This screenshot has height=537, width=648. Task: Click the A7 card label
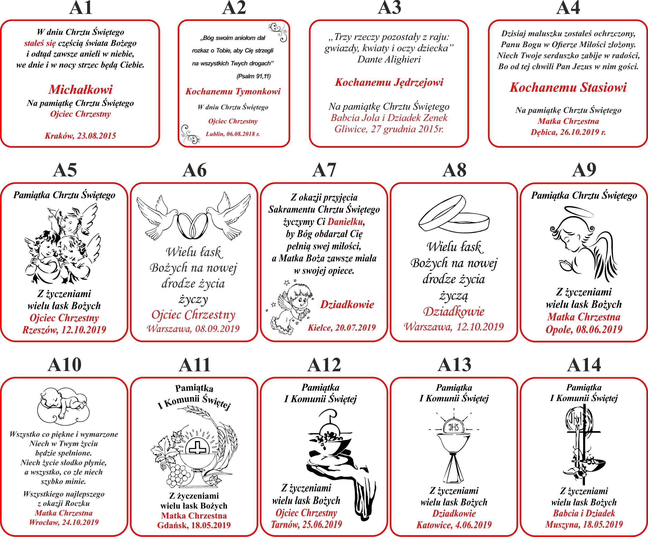[x=324, y=171]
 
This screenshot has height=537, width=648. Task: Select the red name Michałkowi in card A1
[x=80, y=90]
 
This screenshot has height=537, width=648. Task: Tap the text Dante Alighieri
[x=389, y=59]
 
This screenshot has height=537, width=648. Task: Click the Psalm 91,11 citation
[x=254, y=76]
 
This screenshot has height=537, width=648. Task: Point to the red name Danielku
[x=346, y=222]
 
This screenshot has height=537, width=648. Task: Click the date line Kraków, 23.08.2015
[x=80, y=136]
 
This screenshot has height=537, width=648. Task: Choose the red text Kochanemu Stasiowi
[x=568, y=88]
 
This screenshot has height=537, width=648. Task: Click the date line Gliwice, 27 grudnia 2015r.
[x=389, y=129]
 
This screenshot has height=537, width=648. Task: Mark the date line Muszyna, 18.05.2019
[x=584, y=524]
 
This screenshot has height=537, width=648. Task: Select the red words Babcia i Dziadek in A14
[x=584, y=513]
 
